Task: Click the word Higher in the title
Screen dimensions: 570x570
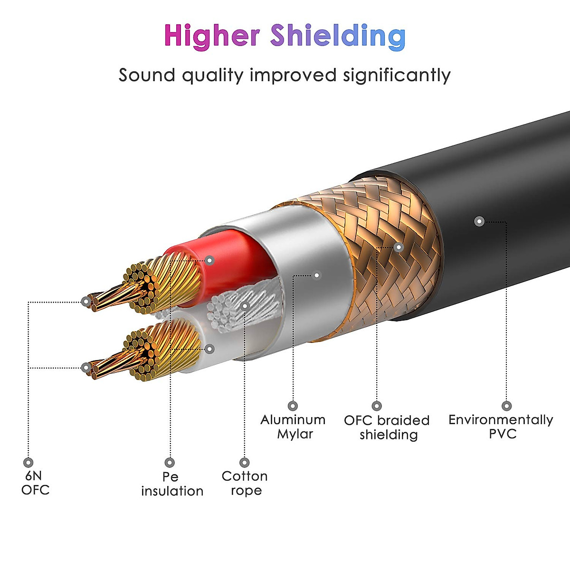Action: pos(212,36)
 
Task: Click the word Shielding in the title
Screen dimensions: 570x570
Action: pos(338,36)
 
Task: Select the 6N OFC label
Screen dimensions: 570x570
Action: pos(35,483)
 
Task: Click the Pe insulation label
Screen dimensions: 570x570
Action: pos(172,484)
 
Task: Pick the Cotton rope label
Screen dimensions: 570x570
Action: pos(245,483)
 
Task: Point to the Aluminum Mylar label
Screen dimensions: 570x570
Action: pos(293,427)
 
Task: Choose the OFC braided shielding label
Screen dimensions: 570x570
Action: pos(387,427)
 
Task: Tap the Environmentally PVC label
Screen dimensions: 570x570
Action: pos(501,427)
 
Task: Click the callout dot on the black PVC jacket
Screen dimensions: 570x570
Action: pos(479,221)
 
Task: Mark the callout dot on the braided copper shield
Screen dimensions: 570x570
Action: pos(399,247)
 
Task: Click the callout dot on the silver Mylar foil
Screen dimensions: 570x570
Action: pos(317,275)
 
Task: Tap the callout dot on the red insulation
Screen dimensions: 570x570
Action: pos(210,260)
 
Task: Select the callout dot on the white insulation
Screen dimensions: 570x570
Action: pos(210,349)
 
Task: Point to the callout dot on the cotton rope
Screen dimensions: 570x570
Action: pos(245,305)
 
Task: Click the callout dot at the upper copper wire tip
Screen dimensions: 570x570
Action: pos(85,301)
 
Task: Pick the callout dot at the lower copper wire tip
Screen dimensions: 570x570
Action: pos(85,367)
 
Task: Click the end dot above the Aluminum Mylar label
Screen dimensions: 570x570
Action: pos(293,406)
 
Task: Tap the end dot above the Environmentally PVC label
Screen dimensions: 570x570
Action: pos(506,406)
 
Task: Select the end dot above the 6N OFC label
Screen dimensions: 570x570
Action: pos(28,462)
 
